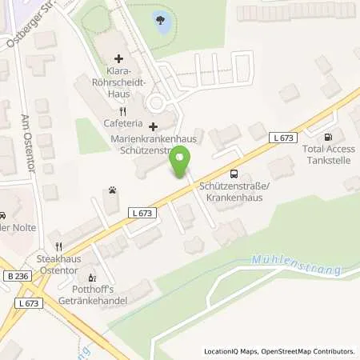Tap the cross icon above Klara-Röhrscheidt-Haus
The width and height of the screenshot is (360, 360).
click(119, 58)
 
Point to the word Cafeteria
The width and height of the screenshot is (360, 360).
click(123, 124)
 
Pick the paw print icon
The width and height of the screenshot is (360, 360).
click(111, 190)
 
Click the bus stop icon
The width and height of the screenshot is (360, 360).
click(234, 174)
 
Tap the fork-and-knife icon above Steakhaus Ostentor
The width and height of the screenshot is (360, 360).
click(58, 246)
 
